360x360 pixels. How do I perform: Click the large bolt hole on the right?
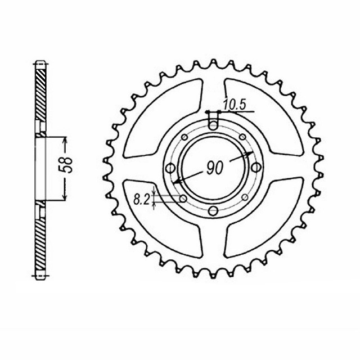[x=255, y=168]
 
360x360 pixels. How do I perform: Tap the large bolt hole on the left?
[x=169, y=168]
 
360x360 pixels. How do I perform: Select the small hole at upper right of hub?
[x=242, y=137]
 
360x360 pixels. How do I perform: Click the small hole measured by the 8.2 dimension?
[x=183, y=198]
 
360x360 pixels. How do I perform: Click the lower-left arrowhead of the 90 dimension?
[x=177, y=182]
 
